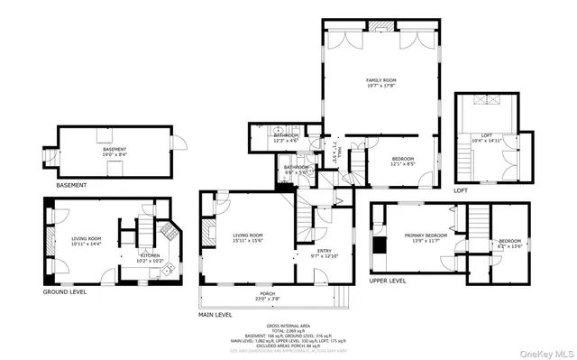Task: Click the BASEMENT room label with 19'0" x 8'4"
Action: tap(114, 151)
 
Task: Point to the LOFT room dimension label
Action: tap(487, 139)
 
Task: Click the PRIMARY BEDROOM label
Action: tap(421, 236)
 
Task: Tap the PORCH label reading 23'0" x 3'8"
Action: tap(268, 296)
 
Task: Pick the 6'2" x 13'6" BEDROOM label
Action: tap(510, 243)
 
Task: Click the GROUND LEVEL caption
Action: tap(65, 292)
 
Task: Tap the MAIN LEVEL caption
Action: tap(216, 315)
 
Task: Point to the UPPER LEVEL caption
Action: tap(388, 281)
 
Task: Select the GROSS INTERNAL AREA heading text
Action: tap(289, 326)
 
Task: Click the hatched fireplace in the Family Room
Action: tap(382, 26)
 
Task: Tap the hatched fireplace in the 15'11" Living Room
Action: tap(206, 207)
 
